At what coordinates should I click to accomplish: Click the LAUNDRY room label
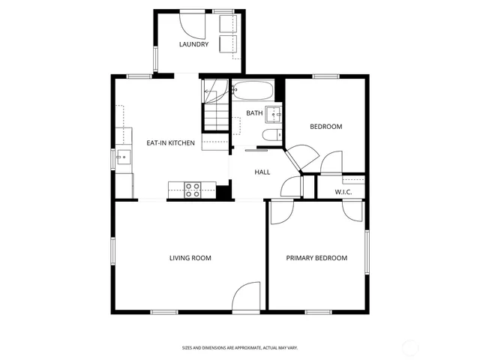pos(193,44)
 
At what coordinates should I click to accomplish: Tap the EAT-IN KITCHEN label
pos(170,142)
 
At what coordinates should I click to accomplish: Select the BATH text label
pos(255,113)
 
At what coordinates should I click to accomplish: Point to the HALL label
pos(262,172)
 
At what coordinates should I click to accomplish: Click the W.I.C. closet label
pos(343,192)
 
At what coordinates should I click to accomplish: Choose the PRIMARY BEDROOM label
pos(316,258)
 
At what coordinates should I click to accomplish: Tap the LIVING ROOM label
pos(190,258)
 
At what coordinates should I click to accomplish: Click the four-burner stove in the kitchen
pos(193,190)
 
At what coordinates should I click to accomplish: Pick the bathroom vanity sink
pos(274,115)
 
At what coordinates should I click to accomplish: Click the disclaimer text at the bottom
pos(240,347)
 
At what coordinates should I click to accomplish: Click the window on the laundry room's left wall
pos(155,57)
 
